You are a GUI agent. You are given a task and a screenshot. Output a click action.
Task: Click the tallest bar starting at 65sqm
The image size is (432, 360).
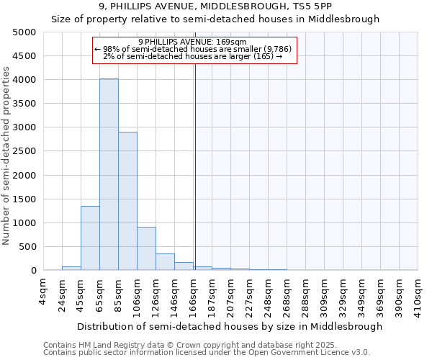coord(109,174)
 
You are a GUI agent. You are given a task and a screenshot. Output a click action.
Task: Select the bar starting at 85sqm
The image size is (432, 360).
coord(127,201)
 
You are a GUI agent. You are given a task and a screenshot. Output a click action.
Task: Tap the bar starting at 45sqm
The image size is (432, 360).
coord(90,238)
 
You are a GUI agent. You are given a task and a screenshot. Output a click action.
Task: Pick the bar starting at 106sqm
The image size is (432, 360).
coord(146,248)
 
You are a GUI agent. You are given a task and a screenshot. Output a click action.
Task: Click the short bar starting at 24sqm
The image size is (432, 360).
coord(71,269)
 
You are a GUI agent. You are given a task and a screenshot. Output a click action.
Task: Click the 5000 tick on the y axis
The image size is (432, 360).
coord(24,32)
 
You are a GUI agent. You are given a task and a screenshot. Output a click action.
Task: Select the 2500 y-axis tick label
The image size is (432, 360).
coord(24,151)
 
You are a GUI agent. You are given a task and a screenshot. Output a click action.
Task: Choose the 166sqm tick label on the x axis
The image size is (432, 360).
coord(193,293)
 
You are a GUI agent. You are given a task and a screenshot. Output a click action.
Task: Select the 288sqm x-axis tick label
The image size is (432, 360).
coord(305,293)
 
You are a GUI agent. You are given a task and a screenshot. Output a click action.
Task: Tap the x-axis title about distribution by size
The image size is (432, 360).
coord(230,326)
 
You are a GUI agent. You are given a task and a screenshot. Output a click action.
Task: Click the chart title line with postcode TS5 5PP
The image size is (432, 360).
coord(215,6)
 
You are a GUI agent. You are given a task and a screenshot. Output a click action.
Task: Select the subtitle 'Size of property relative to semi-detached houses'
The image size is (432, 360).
coord(215,19)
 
